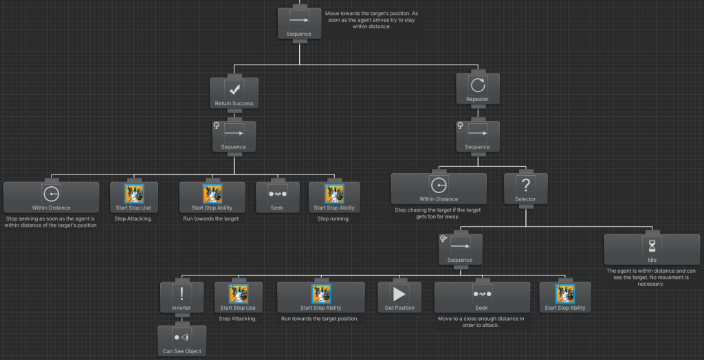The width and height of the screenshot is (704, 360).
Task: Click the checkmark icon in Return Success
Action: (234, 90)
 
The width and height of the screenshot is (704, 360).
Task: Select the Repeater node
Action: (477, 90)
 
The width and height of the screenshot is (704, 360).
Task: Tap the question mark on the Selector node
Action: (526, 185)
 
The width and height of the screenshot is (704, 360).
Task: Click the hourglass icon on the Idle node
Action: (652, 245)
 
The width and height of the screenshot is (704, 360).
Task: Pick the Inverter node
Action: (181, 297)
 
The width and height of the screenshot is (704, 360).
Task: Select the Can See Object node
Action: (181, 341)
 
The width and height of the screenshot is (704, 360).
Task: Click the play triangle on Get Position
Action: (399, 294)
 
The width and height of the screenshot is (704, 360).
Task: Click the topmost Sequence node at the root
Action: (299, 24)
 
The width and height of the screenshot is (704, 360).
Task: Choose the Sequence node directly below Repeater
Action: (477, 137)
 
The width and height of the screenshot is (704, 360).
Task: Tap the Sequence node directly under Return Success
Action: (234, 137)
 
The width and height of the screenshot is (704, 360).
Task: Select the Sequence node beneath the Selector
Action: (460, 250)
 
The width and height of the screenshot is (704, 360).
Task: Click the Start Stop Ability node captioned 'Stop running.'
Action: (334, 197)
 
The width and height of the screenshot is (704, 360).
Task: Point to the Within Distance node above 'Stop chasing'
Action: (439, 189)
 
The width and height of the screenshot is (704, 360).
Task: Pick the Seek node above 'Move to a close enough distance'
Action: (482, 297)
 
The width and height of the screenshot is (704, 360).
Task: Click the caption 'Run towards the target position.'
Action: (320, 319)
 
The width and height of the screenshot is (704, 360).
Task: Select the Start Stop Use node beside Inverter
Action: (238, 297)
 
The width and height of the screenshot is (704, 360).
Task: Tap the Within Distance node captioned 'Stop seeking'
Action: (51, 197)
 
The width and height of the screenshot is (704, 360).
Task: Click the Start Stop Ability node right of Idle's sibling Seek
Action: (565, 297)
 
